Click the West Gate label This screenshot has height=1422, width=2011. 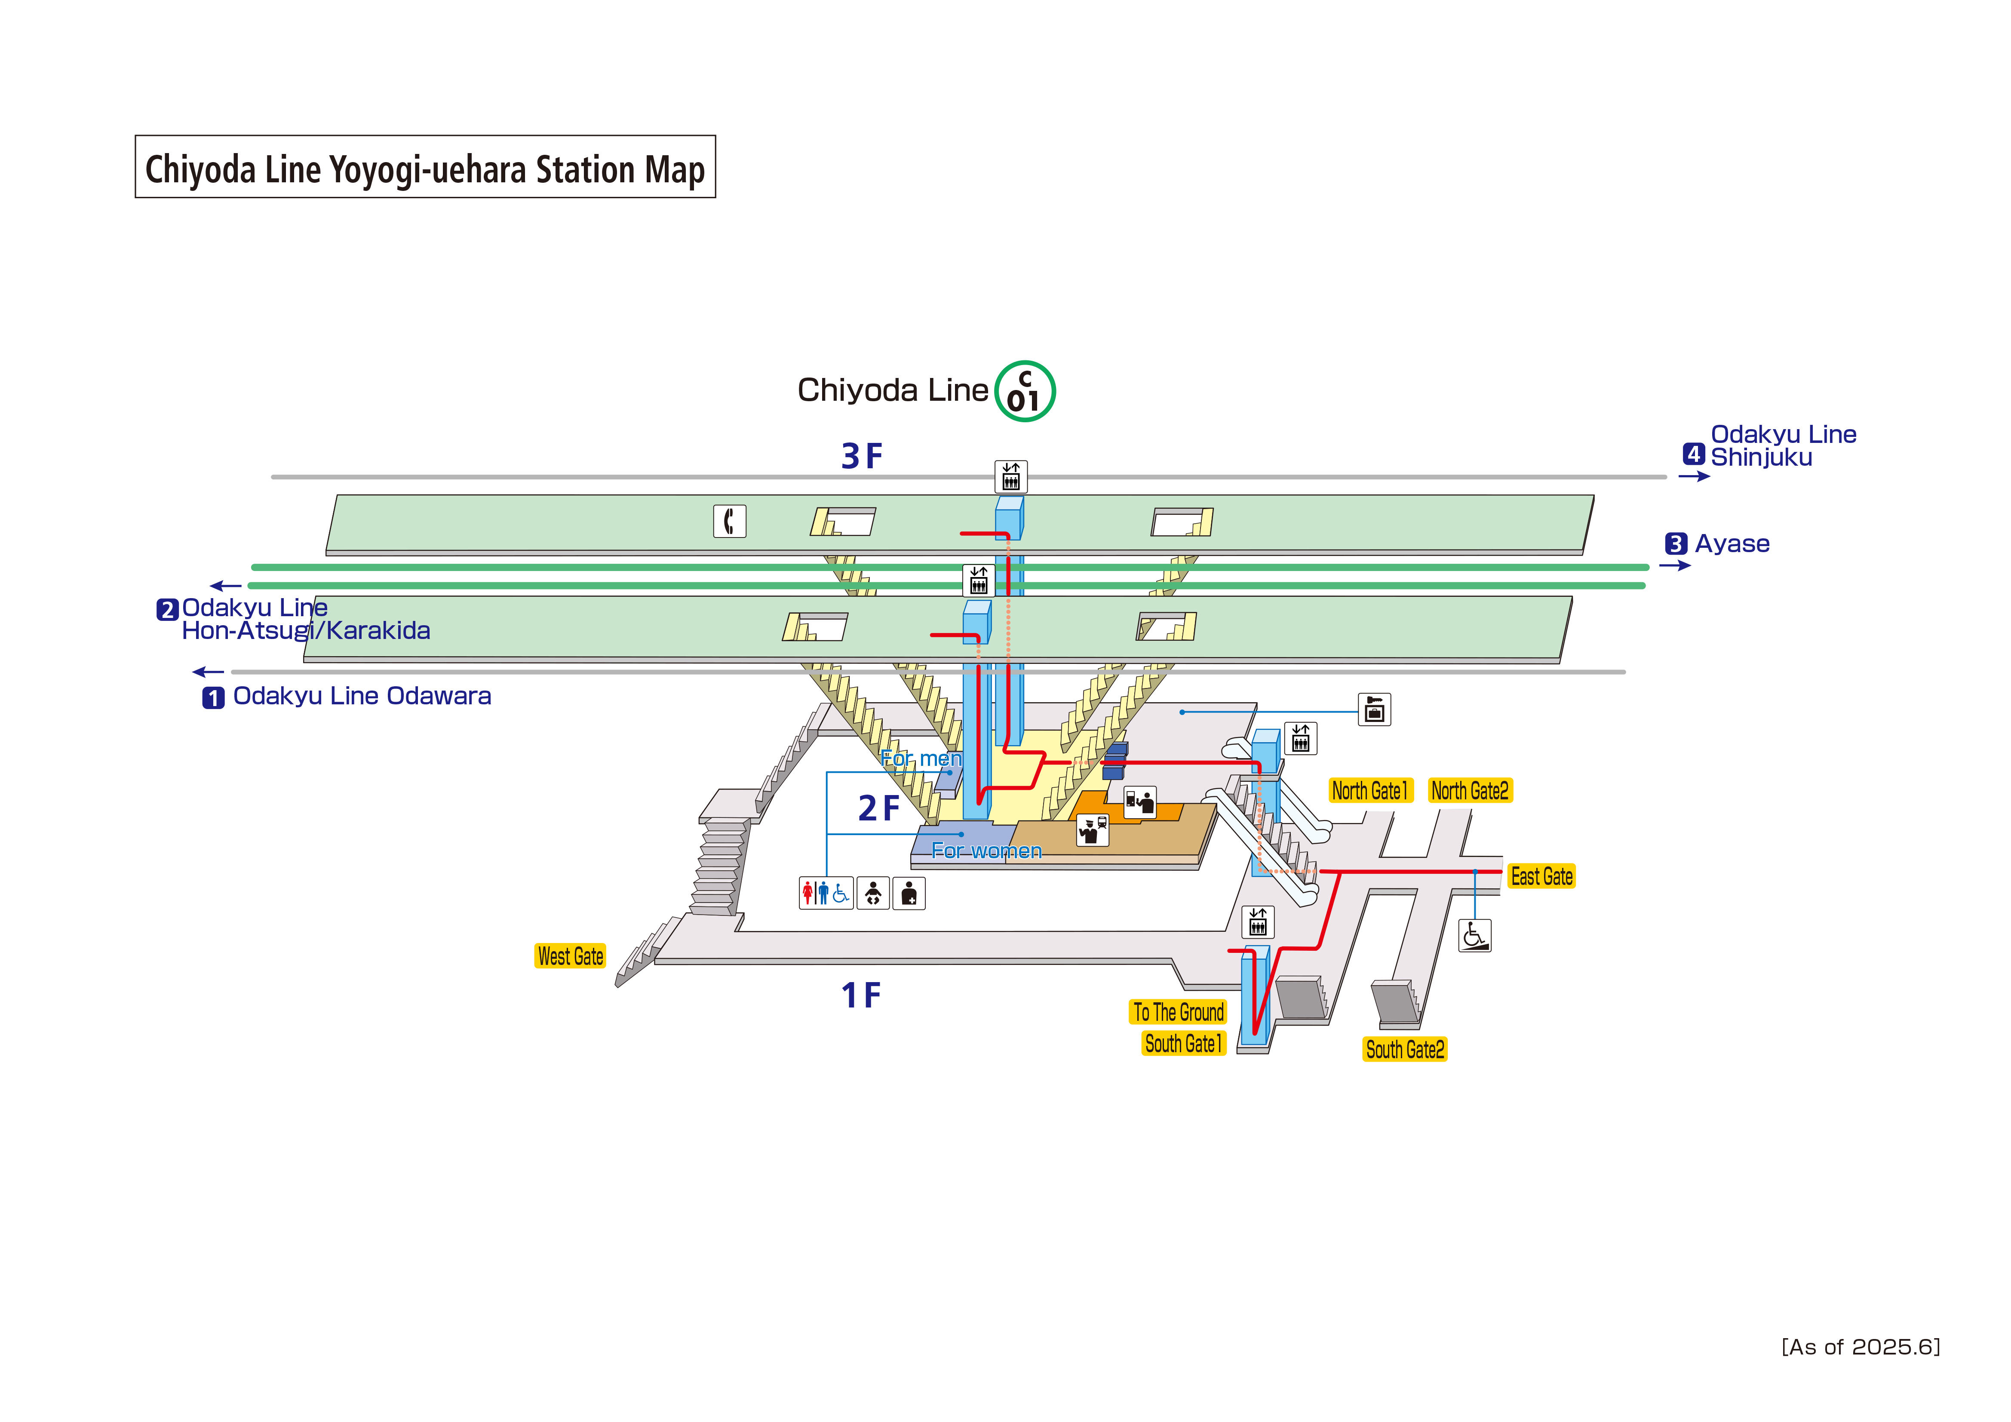pos(570,956)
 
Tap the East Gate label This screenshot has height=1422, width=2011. pos(1541,876)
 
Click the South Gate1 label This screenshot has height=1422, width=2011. pos(1183,1044)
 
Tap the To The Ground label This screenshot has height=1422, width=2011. pos(1178,1012)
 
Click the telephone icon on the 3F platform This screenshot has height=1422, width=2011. pos(730,521)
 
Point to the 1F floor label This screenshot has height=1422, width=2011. pos(861,995)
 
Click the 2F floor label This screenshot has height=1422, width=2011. pos(878,808)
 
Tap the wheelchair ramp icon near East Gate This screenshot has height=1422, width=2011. pos(1475,935)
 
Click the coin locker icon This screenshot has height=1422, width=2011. pos(1374,709)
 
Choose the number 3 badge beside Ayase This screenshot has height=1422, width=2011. pos(1676,544)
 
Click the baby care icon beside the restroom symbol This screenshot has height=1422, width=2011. pos(873,894)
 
